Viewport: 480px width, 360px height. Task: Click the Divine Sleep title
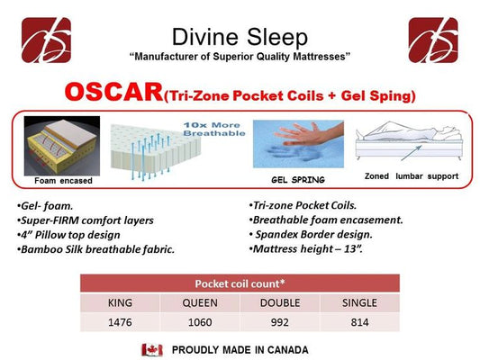coord(240,37)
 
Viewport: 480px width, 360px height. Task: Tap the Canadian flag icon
coord(152,349)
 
